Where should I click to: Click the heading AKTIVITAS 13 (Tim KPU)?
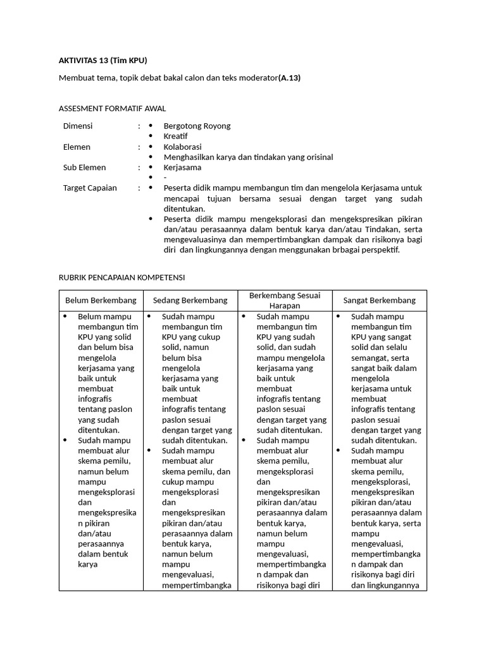(103, 61)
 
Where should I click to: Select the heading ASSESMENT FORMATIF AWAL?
(112, 109)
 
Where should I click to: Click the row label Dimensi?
(78, 126)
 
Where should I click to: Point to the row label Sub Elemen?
(84, 167)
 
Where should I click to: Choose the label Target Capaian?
(90, 188)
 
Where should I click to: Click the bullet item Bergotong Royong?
(197, 126)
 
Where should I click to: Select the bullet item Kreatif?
(175, 136)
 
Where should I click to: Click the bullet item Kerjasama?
(182, 167)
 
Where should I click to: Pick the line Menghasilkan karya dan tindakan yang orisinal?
(248, 157)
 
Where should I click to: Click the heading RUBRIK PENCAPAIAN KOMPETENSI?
(121, 277)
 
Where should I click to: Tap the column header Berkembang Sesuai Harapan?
(284, 300)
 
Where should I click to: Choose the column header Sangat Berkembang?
(379, 300)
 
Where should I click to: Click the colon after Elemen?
(139, 147)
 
